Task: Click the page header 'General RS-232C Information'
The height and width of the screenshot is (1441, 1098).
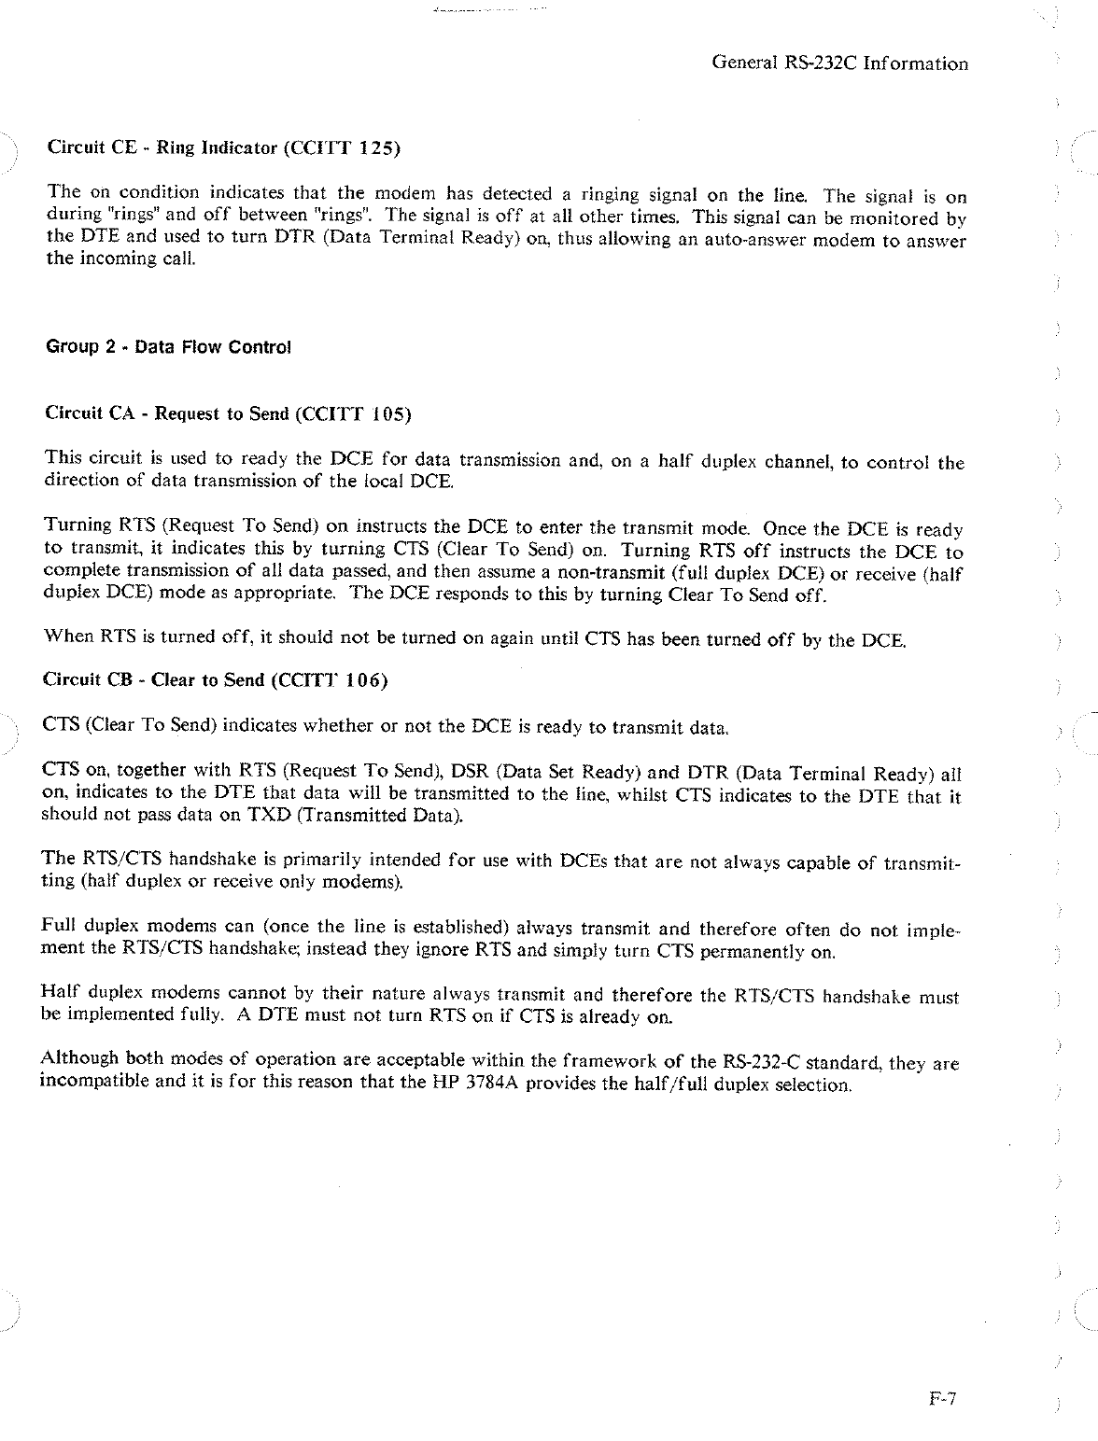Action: point(839,63)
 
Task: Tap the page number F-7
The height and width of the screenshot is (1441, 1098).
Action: point(944,1399)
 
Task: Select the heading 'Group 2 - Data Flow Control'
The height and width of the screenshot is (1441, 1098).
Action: point(168,347)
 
